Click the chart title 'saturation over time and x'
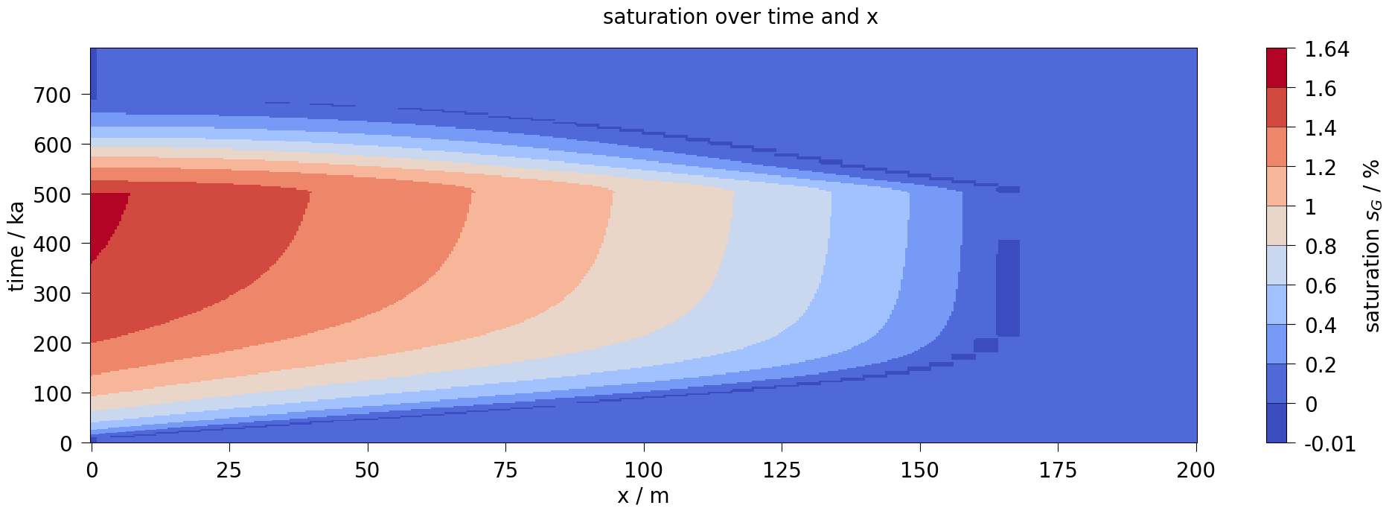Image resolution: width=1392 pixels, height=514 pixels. [740, 17]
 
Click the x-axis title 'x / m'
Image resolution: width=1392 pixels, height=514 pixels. [643, 496]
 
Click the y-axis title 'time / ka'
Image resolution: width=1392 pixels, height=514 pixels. [16, 247]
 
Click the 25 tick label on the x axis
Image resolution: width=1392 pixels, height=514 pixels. [229, 471]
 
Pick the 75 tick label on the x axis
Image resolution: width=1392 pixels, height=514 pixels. [505, 471]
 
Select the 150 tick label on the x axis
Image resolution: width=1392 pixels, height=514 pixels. [920, 471]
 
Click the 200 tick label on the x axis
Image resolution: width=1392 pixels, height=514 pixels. [1196, 471]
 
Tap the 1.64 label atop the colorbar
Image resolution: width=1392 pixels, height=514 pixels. [1326, 50]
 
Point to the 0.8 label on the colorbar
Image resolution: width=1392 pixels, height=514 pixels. [1321, 247]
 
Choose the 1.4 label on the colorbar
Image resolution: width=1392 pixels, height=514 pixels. [1321, 128]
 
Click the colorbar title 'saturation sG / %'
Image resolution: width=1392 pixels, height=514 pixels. [1372, 246]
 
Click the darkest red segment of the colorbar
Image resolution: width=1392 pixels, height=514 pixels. [1276, 68]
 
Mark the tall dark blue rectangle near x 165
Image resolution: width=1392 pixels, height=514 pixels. [1008, 288]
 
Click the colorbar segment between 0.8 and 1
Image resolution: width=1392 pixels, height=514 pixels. [1276, 226]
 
